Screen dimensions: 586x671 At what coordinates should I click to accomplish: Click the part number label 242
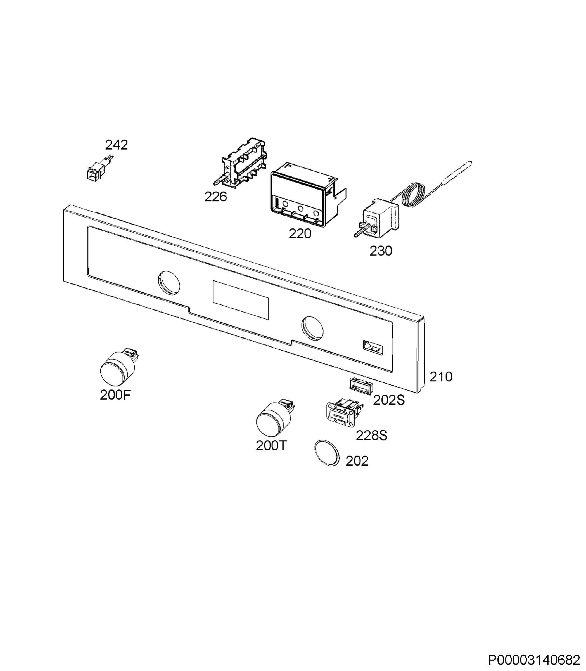point(117,145)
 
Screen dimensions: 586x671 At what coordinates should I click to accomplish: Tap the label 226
point(215,197)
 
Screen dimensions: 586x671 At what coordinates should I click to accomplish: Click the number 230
point(381,251)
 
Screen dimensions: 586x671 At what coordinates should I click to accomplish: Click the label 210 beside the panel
point(441,377)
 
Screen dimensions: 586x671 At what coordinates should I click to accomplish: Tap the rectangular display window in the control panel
point(241,300)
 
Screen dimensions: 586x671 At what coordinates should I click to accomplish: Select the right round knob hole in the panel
point(312,327)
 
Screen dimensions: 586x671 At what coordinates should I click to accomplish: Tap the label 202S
point(389,400)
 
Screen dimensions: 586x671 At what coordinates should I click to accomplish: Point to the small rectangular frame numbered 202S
point(359,385)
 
